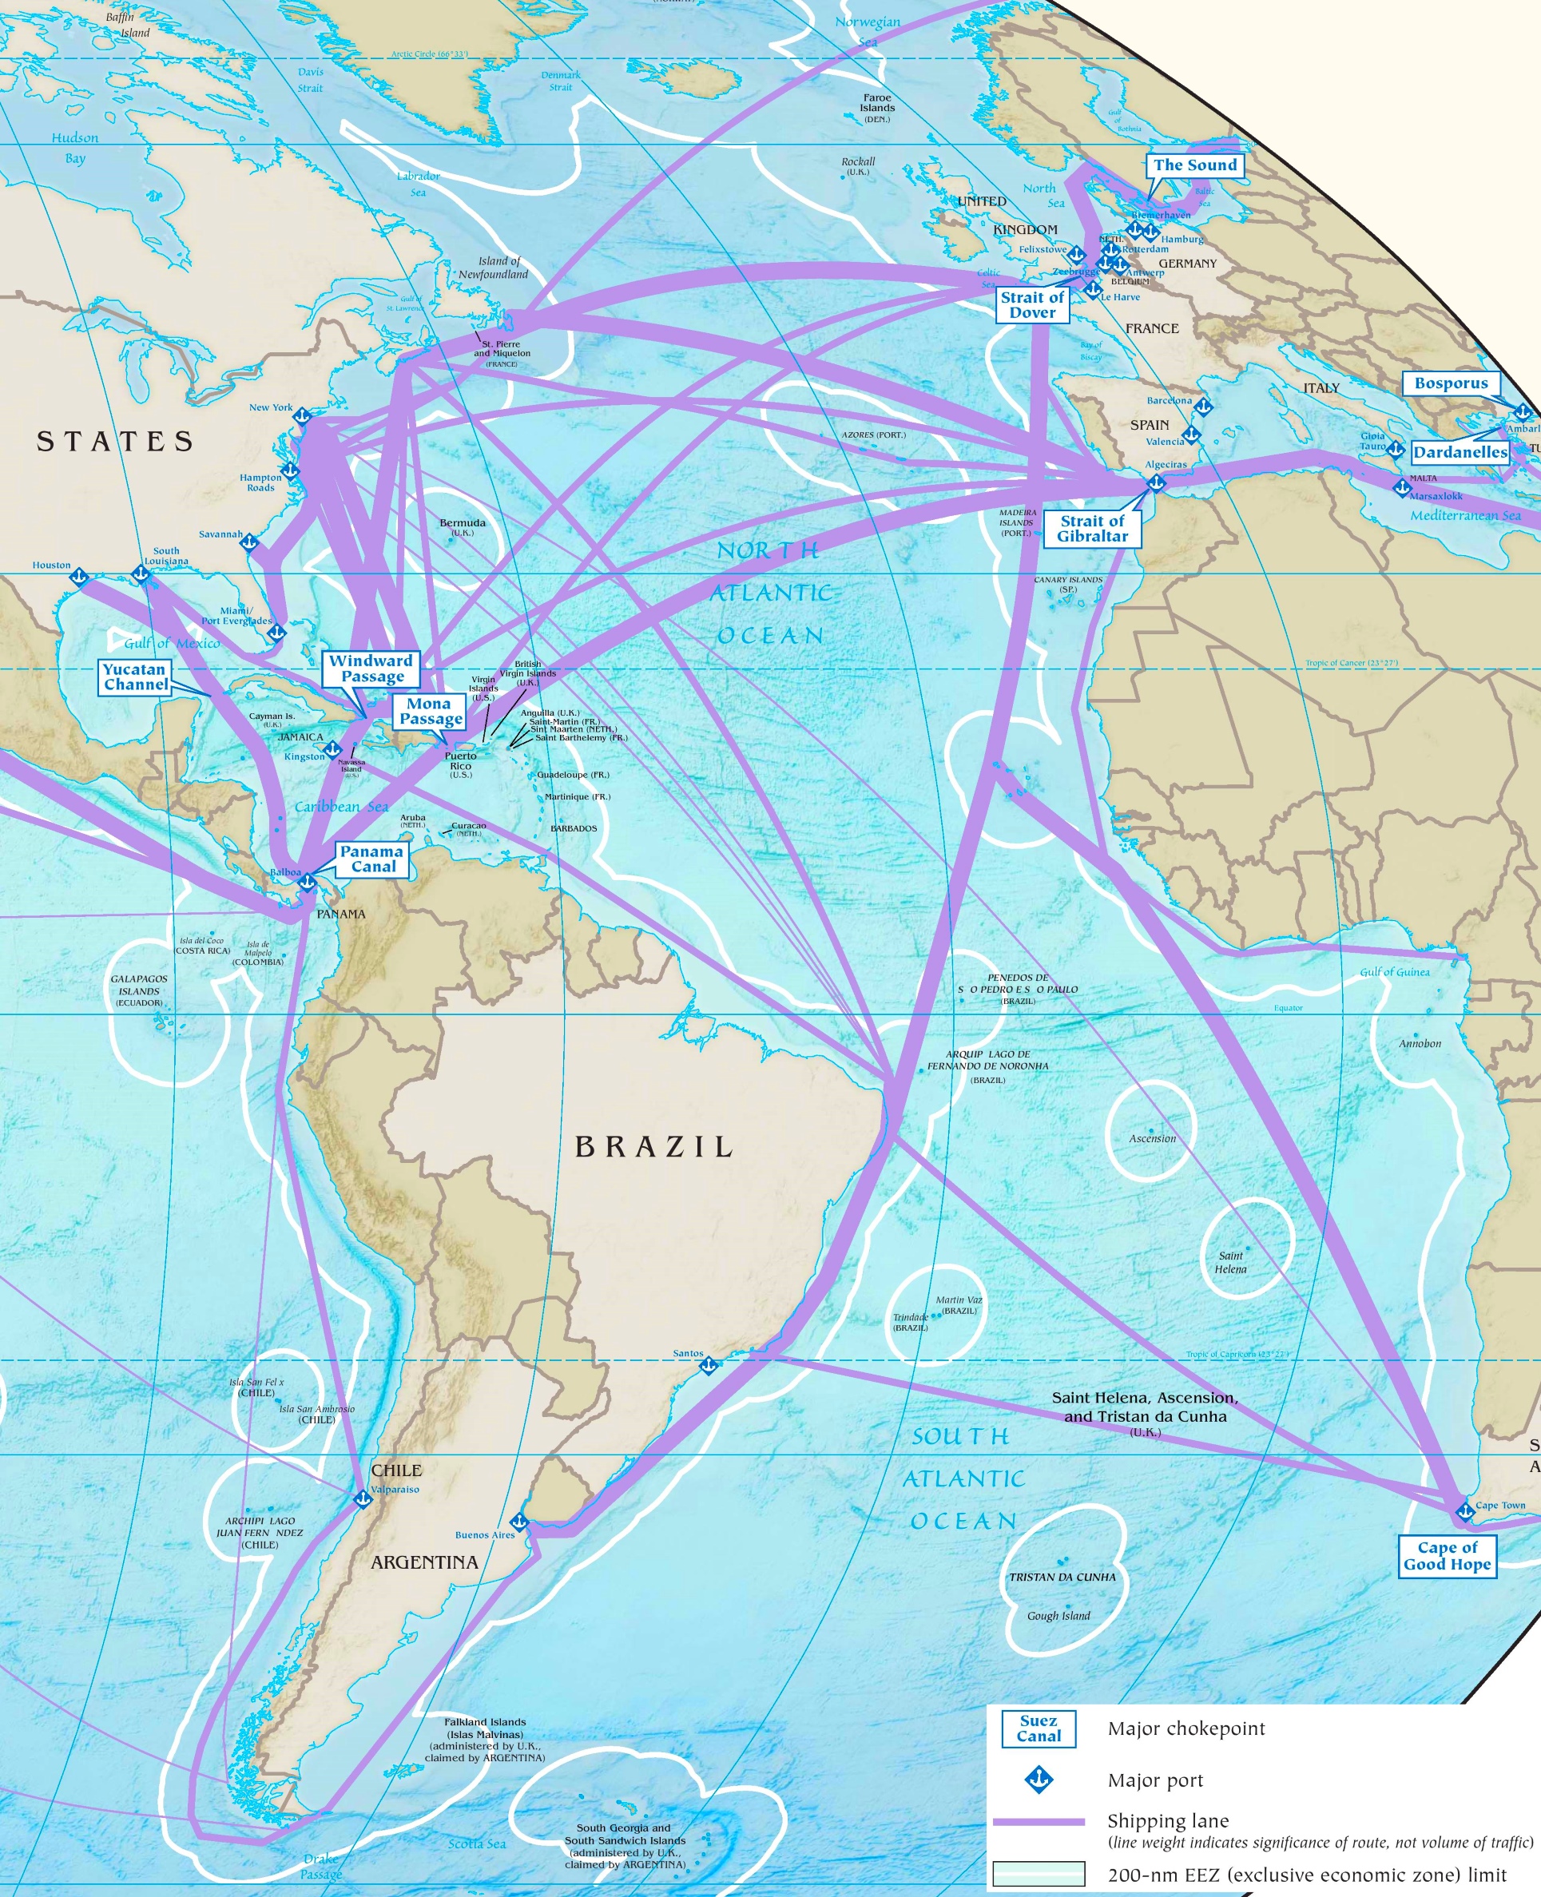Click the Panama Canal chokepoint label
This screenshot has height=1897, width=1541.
tap(373, 859)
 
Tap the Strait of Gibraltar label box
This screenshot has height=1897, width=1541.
tap(1092, 528)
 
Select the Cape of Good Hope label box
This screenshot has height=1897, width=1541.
tap(1447, 1556)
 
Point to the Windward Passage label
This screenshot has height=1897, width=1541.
tap(371, 668)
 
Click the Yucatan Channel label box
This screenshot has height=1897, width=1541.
tap(135, 677)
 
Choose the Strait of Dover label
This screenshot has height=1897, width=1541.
tap(1031, 304)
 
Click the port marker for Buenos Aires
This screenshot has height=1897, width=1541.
tap(519, 1522)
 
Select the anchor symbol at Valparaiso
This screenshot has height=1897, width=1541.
tap(362, 1499)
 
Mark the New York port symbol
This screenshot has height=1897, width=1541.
tap(302, 415)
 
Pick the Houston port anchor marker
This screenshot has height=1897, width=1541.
tap(78, 577)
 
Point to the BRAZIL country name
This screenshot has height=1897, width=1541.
tap(654, 1147)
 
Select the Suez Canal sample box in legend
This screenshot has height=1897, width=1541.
tap(1038, 1728)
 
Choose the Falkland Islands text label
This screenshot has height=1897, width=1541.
tap(485, 1739)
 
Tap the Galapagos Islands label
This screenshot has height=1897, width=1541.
tap(139, 990)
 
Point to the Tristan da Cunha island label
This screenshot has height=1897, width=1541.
tap(1062, 1577)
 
